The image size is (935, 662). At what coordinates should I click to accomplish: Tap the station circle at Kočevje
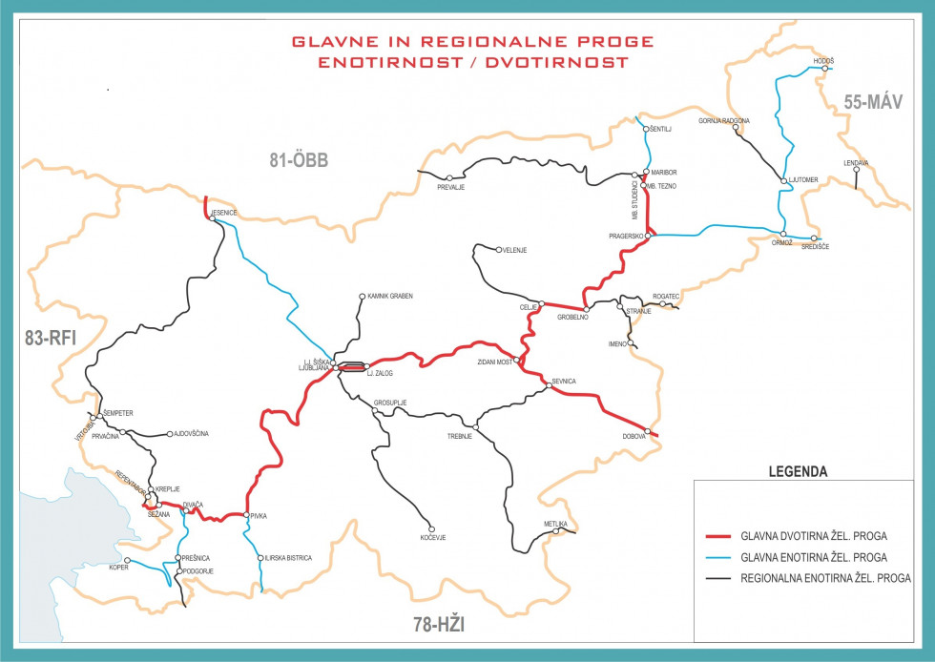point(431,529)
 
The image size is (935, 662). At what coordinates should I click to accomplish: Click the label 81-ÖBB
point(298,161)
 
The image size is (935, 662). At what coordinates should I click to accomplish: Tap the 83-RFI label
point(50,336)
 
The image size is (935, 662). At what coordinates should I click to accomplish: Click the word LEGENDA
point(799,471)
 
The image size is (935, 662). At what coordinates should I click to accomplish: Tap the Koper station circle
point(128,559)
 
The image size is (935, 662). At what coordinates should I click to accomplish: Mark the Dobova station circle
point(648,431)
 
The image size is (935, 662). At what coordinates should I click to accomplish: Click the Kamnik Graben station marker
point(362,297)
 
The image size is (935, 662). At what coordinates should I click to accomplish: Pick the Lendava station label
point(856,163)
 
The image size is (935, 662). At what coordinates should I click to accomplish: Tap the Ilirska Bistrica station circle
point(260,558)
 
